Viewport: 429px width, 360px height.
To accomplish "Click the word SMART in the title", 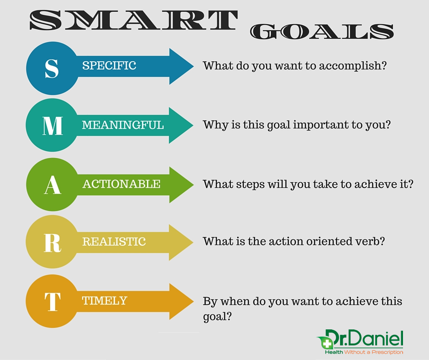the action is click(x=134, y=20).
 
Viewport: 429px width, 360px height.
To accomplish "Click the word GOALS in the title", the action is click(x=322, y=31).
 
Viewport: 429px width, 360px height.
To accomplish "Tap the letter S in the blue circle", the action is click(x=52, y=68).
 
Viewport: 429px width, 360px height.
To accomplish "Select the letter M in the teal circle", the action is click(x=52, y=126).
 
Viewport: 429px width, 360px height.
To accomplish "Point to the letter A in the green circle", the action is click(x=52, y=185).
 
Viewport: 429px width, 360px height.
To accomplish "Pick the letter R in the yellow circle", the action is click(x=52, y=243).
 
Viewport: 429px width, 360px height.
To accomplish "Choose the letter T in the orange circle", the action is click(x=52, y=302).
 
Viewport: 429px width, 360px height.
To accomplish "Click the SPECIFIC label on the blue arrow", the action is click(x=109, y=65).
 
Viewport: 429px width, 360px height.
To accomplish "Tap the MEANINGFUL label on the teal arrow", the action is click(x=123, y=125).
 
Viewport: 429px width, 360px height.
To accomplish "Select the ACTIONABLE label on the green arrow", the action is click(x=121, y=184).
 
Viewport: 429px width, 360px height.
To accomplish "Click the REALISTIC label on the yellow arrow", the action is click(x=114, y=242).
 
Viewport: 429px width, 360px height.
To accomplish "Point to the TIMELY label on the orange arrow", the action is click(x=105, y=301).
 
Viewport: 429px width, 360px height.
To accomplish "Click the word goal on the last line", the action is click(x=214, y=317).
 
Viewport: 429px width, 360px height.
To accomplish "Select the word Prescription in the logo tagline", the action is click(x=387, y=352).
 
